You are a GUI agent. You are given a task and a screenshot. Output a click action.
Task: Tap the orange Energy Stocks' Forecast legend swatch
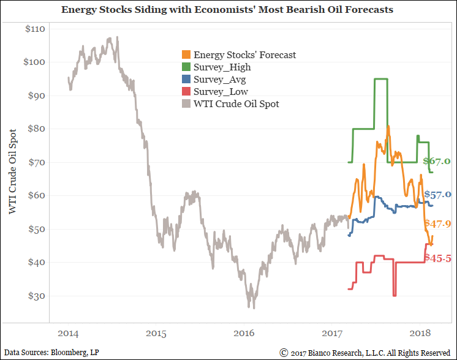click(x=186, y=55)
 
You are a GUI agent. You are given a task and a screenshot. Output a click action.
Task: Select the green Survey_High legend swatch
click(x=186, y=67)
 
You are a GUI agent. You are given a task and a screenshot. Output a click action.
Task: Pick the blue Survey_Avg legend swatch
click(x=186, y=80)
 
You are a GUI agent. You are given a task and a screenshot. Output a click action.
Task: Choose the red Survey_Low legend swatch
click(x=186, y=92)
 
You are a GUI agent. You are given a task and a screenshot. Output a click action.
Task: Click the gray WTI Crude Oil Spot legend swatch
click(x=186, y=104)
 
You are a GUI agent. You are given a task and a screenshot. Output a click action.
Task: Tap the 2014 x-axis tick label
click(x=68, y=333)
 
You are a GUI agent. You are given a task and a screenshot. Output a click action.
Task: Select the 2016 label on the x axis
click(x=244, y=333)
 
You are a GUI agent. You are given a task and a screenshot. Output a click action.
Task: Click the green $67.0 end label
click(x=437, y=162)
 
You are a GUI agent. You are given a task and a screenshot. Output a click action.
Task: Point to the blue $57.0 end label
click(x=437, y=195)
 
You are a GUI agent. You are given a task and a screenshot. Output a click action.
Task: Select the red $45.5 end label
click(x=438, y=259)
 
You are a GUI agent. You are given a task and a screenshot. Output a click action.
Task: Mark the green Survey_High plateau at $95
click(x=381, y=78)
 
